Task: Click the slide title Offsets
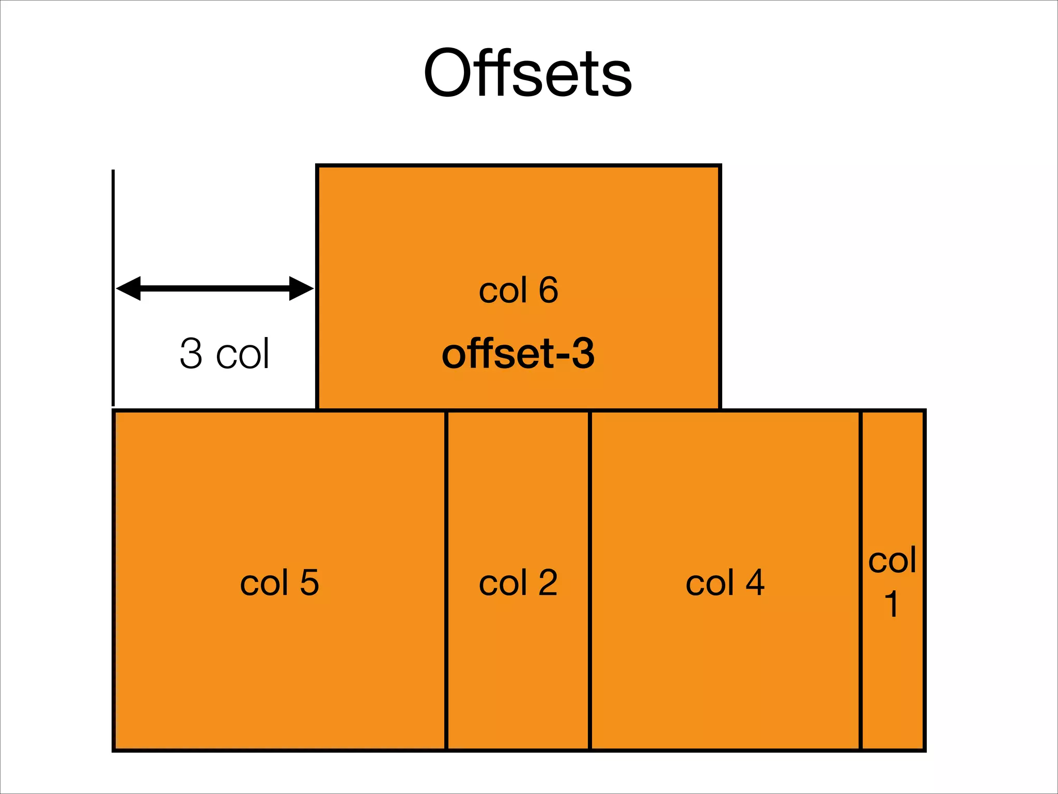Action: pyautogui.click(x=527, y=73)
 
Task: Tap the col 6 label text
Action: pyautogui.click(x=518, y=290)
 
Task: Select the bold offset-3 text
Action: pyautogui.click(x=518, y=354)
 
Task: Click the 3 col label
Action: pyautogui.click(x=224, y=354)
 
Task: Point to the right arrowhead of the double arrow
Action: pyautogui.click(x=302, y=288)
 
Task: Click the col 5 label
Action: pyautogui.click(x=279, y=583)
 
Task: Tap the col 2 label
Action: pyautogui.click(x=518, y=583)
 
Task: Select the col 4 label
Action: pyautogui.click(x=725, y=583)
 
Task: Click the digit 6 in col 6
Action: pyautogui.click(x=549, y=290)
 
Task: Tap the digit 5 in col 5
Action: pyautogui.click(x=309, y=583)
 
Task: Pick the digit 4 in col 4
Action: pyautogui.click(x=755, y=583)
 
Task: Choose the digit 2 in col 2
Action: pyautogui.click(x=548, y=583)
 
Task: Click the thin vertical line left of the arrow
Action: pyautogui.click(x=113, y=233)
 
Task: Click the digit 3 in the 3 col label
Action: pyautogui.click(x=191, y=354)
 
